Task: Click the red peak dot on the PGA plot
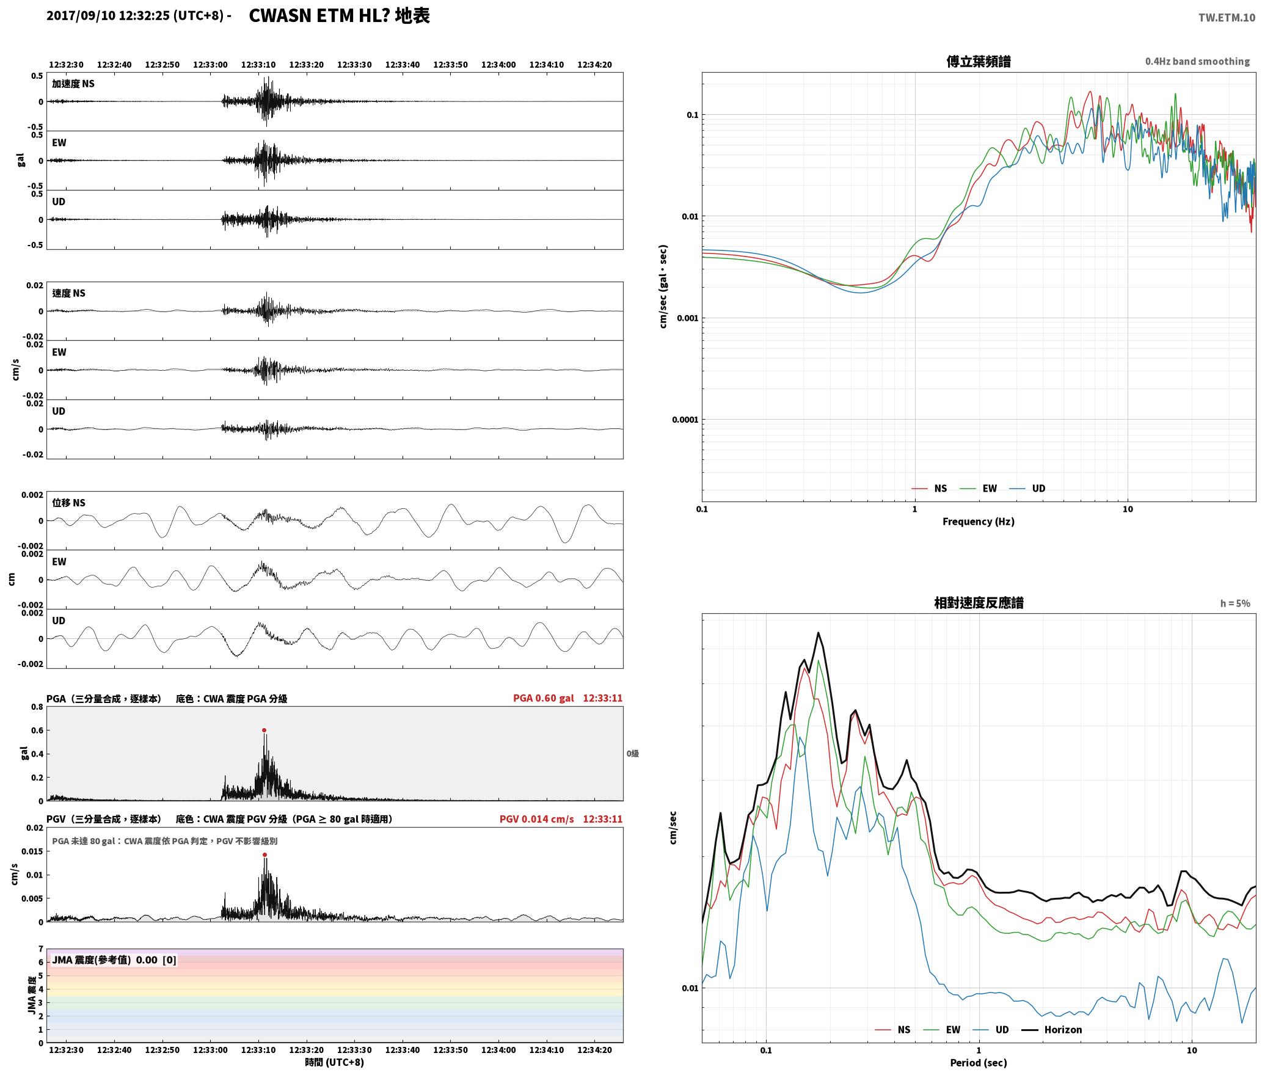264,730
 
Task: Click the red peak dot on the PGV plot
264,855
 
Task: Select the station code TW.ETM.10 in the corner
1227,18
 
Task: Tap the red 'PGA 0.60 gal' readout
543,698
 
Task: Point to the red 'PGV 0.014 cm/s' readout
536,819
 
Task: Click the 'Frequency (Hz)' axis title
978,522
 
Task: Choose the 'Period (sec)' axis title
978,1063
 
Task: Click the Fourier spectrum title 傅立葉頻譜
978,62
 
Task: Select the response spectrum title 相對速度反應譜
979,603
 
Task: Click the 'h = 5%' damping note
1235,603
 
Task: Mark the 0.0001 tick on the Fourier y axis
685,420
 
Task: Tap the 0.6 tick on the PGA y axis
37,731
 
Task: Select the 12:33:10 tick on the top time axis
258,65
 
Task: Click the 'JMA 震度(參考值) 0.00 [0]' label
114,960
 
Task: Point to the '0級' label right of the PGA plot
632,754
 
